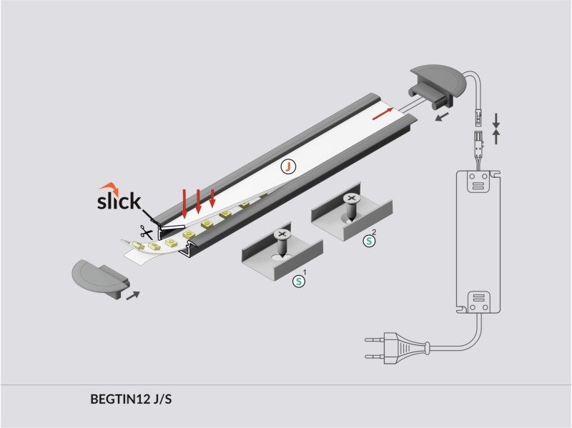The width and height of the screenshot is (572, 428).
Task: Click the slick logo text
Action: click(x=119, y=201)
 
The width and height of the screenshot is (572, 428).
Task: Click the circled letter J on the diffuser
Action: click(x=287, y=166)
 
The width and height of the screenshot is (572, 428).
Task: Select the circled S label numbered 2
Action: click(x=370, y=241)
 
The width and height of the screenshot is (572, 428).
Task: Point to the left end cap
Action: click(x=99, y=278)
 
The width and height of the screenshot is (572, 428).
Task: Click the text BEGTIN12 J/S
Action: click(x=132, y=399)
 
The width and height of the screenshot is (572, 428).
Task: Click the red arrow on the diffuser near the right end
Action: click(x=383, y=112)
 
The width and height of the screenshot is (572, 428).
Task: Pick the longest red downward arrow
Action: click(x=185, y=202)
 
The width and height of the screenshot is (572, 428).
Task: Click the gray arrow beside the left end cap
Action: click(x=132, y=294)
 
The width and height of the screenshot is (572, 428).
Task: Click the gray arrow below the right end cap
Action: click(x=444, y=115)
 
